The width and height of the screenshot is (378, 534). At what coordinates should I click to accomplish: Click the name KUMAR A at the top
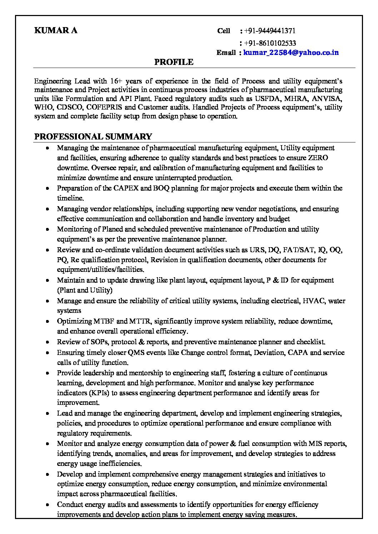coord(56,31)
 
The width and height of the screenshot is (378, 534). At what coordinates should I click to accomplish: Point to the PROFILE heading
coord(174,62)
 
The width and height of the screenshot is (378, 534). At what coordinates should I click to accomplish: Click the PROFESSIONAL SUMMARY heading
coord(93,137)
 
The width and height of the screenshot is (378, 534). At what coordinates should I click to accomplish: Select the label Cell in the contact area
coord(224,31)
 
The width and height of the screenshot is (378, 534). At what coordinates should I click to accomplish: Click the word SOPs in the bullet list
coord(100,342)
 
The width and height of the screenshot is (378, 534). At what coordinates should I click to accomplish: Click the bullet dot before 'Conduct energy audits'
coord(48,505)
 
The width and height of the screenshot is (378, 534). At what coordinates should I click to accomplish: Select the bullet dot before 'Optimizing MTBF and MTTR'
coord(48,322)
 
